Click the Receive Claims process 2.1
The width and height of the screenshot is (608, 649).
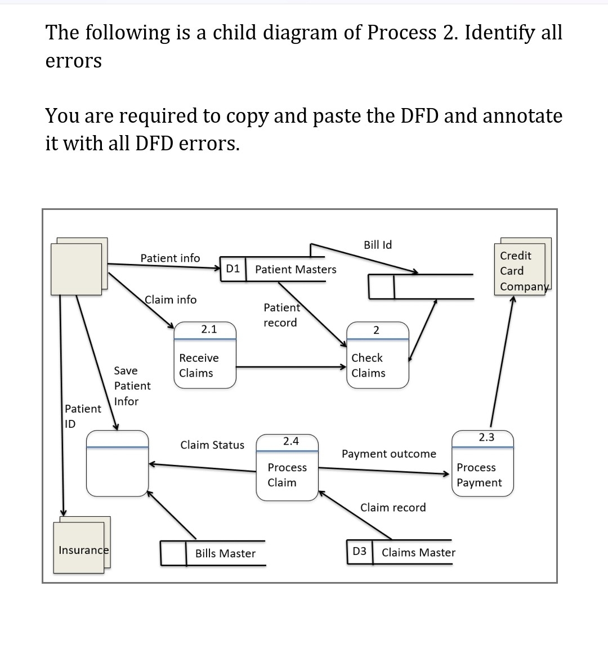(204, 355)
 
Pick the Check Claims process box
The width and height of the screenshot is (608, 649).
(378, 355)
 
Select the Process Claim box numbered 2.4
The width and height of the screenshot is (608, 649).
(287, 467)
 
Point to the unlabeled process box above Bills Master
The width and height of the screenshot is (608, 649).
(117, 464)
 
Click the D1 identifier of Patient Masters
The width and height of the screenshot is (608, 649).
(233, 269)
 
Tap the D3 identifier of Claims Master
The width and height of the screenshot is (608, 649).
(359, 552)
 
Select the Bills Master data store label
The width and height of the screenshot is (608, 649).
(225, 553)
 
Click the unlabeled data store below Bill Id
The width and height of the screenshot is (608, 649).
(420, 286)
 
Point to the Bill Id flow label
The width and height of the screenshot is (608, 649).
(378, 245)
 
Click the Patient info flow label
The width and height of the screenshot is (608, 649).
(170, 258)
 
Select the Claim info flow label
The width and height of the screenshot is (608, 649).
(171, 299)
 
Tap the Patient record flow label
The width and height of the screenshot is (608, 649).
(281, 315)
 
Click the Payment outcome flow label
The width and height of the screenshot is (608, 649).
(388, 454)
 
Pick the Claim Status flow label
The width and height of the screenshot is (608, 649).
(212, 445)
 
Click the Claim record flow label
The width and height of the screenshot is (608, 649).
(393, 507)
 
